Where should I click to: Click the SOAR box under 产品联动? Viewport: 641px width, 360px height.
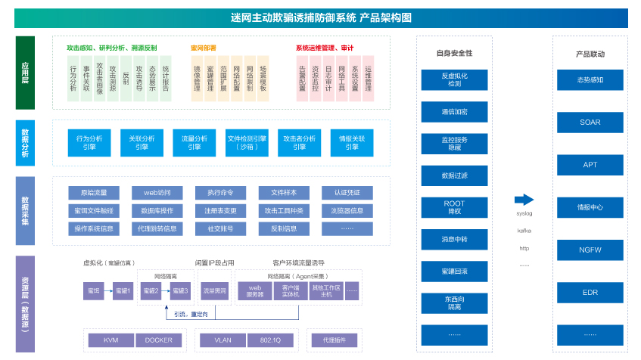pyautogui.click(x=590, y=122)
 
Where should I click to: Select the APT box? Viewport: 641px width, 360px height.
pyautogui.click(x=590, y=164)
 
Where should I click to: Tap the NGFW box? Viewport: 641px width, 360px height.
pyautogui.click(x=590, y=249)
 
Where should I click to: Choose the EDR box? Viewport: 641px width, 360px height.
pyautogui.click(x=590, y=291)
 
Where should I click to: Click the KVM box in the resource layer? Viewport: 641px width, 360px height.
pyautogui.click(x=110, y=340)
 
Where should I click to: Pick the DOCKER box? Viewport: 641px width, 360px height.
pyautogui.click(x=158, y=340)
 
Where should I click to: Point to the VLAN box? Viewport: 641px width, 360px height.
pyautogui.click(x=222, y=340)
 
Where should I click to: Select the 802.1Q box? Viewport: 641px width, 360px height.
pyautogui.click(x=270, y=340)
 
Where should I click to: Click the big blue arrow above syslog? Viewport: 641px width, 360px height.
pyautogui.click(x=524, y=200)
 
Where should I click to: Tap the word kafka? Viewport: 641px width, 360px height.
pyautogui.click(x=524, y=231)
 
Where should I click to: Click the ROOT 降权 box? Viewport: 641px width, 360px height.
pyautogui.click(x=454, y=207)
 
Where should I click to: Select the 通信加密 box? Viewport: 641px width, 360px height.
pyautogui.click(x=454, y=111)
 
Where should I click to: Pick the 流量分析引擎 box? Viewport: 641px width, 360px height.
pyautogui.click(x=194, y=142)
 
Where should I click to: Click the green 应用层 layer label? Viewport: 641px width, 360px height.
pyautogui.click(x=25, y=73)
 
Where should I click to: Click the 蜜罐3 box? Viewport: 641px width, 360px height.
pyautogui.click(x=180, y=290)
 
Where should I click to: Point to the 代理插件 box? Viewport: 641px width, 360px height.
pyautogui.click(x=334, y=340)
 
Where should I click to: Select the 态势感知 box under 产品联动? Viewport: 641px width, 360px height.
pyautogui.click(x=590, y=79)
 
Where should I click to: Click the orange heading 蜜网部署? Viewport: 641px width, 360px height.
pyautogui.click(x=204, y=48)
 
